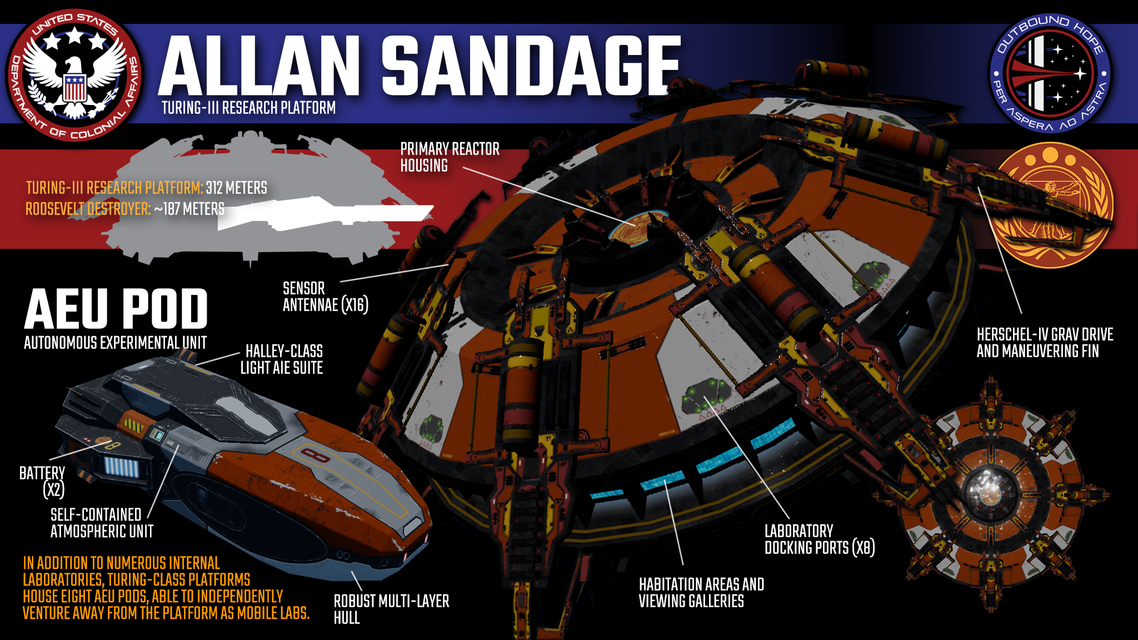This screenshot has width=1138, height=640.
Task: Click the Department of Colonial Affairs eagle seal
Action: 74,75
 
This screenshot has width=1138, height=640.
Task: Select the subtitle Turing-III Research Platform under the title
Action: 248,108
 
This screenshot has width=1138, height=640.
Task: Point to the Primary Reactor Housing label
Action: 450,157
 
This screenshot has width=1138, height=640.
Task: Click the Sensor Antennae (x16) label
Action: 325,297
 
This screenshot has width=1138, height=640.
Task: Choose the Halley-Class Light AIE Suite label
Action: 282,359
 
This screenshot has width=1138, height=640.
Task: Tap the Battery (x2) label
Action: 42,481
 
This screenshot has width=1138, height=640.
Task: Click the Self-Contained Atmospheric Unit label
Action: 102,523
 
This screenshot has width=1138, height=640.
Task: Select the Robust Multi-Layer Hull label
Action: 391,609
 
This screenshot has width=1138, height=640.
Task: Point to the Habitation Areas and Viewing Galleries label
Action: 701,593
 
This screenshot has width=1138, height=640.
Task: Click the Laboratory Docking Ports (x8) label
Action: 819,539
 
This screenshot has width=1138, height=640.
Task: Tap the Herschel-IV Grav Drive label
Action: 1045,343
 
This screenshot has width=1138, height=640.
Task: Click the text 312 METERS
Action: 236,188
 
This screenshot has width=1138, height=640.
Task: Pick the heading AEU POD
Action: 116,309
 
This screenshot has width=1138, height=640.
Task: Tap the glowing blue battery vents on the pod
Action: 122,468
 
